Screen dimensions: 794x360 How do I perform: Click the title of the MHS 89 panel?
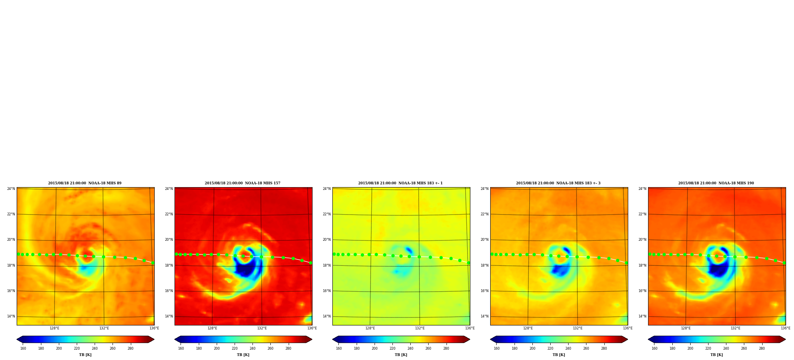pyautogui.click(x=85, y=183)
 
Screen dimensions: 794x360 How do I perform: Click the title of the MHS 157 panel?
pyautogui.click(x=243, y=183)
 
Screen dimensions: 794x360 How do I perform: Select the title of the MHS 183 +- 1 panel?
pyautogui.click(x=400, y=183)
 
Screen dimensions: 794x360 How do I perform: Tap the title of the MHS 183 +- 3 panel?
pyautogui.click(x=558, y=183)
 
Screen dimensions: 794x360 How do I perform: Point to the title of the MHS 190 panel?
pyautogui.click(x=716, y=183)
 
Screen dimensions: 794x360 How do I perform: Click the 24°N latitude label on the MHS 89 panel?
pyautogui.click(x=11, y=189)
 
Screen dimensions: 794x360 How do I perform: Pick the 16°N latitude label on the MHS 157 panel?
pyautogui.click(x=169, y=291)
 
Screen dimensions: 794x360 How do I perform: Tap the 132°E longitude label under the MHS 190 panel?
pyautogui.click(x=736, y=328)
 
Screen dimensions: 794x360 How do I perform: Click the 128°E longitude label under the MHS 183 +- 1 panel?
pyautogui.click(x=370, y=328)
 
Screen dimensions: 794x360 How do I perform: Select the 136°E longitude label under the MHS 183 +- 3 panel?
pyautogui.click(x=628, y=328)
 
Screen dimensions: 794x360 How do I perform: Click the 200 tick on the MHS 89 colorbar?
pyautogui.click(x=59, y=348)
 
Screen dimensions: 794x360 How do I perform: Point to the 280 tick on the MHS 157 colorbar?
pyautogui.click(x=288, y=348)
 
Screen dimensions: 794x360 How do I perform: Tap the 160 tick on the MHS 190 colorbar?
pyautogui.click(x=654, y=348)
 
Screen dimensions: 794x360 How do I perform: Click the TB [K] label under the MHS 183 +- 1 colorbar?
pyautogui.click(x=401, y=355)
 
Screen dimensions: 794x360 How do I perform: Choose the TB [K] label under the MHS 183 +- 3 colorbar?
pyautogui.click(x=559, y=355)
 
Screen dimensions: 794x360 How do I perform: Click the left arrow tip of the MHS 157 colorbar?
pyautogui.click(x=174, y=339)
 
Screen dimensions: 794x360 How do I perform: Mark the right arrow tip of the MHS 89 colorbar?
pyautogui.click(x=154, y=339)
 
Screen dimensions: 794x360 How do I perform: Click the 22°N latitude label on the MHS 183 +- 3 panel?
pyautogui.click(x=485, y=214)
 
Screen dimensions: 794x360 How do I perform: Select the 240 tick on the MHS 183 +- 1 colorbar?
pyautogui.click(x=410, y=348)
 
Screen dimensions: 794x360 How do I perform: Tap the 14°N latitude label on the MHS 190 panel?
pyautogui.click(x=643, y=316)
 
